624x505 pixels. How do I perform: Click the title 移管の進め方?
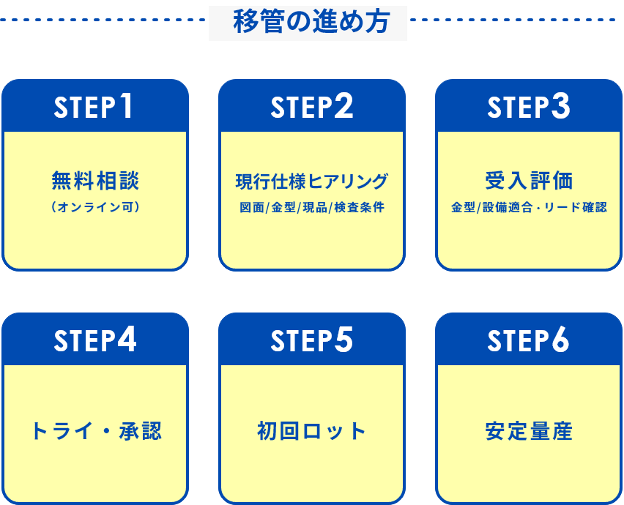(x=308, y=21)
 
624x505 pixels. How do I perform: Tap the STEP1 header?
(x=94, y=107)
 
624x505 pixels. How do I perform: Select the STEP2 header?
(x=311, y=107)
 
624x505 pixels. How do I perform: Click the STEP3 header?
(x=528, y=107)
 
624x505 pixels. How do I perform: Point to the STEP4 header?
(x=94, y=340)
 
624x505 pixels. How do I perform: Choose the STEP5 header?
(x=311, y=340)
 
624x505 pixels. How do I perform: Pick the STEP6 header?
(x=528, y=340)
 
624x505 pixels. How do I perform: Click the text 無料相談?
(x=95, y=180)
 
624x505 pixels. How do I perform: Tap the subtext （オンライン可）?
(x=95, y=207)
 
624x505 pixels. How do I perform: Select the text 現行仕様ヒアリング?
(x=311, y=181)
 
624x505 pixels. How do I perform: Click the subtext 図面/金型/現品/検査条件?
(x=311, y=207)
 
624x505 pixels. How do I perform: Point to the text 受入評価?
(x=529, y=180)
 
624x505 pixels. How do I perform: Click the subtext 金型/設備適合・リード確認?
(x=529, y=207)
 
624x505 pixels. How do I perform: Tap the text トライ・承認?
(x=95, y=431)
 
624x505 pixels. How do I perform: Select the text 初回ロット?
(x=311, y=431)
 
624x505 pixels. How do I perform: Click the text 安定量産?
(x=529, y=431)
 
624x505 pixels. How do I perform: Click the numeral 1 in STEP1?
(x=126, y=106)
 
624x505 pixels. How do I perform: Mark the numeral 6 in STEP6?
(x=560, y=340)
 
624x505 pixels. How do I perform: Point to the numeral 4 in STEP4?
(x=126, y=340)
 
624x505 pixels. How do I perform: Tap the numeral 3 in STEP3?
(x=560, y=106)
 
